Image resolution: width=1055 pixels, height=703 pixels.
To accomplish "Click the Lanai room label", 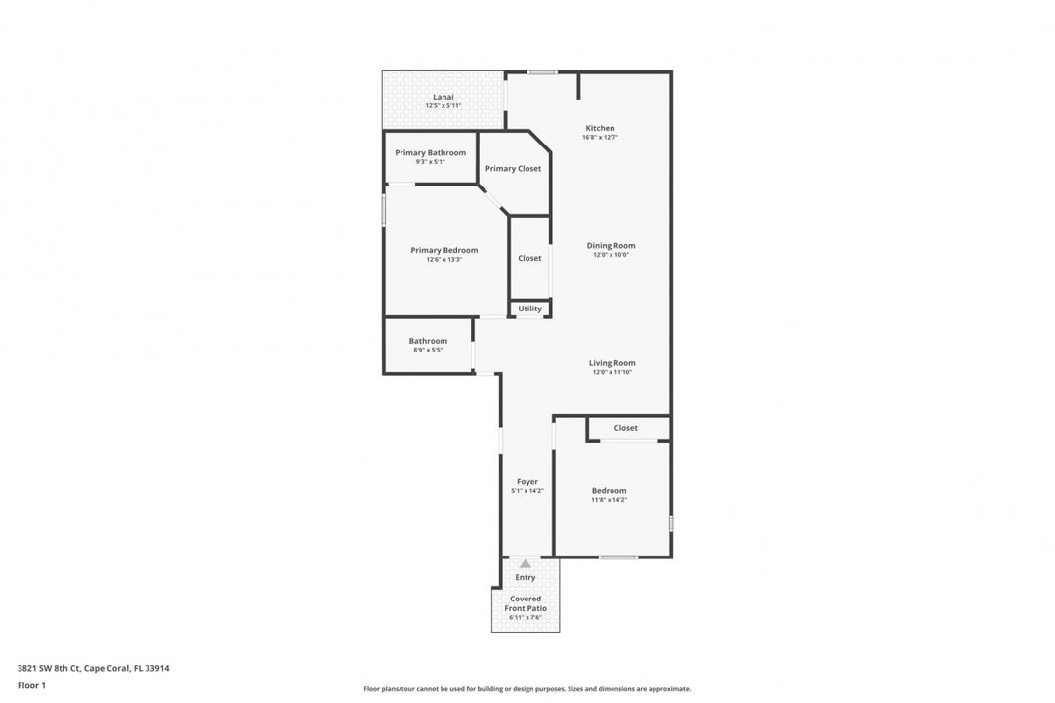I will click(443, 97).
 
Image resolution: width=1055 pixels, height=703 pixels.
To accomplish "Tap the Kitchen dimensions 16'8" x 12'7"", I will click(600, 138).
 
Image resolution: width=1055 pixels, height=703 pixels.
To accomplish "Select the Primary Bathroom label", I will click(430, 153).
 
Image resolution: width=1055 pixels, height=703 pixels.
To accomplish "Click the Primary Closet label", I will click(513, 169).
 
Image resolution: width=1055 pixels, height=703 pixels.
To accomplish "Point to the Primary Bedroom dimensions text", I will click(443, 260).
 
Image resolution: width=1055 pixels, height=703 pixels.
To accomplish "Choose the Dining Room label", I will click(611, 246).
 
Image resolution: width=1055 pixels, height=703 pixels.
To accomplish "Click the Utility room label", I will click(529, 309).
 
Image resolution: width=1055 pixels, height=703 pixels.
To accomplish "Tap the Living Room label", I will click(612, 363).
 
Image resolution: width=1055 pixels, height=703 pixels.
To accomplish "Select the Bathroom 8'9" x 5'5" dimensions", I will click(428, 350).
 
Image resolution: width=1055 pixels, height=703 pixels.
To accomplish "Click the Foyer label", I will click(527, 482).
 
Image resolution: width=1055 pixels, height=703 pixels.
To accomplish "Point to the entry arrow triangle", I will click(526, 563).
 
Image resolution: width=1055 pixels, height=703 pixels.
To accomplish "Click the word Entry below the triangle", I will click(526, 578).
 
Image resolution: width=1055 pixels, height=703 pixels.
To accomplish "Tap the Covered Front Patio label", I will click(526, 603).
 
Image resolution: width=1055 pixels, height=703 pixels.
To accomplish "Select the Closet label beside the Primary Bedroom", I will click(529, 258).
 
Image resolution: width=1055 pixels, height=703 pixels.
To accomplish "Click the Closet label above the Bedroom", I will click(625, 428).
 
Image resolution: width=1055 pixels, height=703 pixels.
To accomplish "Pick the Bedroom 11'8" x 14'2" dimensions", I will click(609, 500).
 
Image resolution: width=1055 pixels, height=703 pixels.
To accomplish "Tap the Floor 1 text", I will click(31, 685).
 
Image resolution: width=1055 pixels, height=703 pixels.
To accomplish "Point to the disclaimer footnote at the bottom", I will click(527, 688).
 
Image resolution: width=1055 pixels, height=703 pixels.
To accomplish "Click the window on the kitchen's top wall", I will click(542, 71).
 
